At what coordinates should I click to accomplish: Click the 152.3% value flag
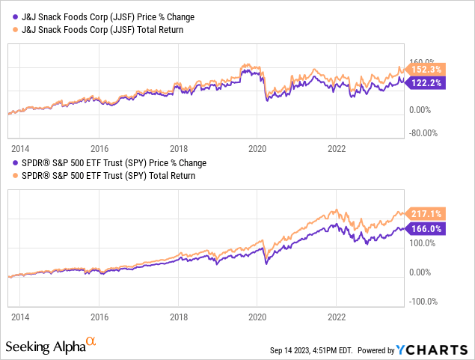(x=425, y=70)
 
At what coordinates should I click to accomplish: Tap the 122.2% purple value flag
(x=425, y=83)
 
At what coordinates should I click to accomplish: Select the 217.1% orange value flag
(x=425, y=214)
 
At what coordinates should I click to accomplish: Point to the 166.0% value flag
(x=425, y=229)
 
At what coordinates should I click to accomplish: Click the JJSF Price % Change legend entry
(x=103, y=17)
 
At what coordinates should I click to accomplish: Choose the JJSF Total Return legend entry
(x=98, y=30)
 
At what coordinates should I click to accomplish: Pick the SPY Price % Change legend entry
(x=109, y=163)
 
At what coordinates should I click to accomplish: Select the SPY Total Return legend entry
(x=104, y=176)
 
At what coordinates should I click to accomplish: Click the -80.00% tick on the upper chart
(x=423, y=133)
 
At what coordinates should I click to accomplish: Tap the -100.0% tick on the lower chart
(x=423, y=302)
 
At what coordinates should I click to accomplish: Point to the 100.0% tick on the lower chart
(x=422, y=243)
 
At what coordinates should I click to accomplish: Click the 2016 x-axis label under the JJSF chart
(x=99, y=149)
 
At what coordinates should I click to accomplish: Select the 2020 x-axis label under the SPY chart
(x=257, y=317)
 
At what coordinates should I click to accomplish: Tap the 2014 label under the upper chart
(x=20, y=149)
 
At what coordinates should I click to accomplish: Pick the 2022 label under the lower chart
(x=337, y=317)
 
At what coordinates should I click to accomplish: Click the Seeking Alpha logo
(x=51, y=345)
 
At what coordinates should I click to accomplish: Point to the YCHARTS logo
(x=432, y=350)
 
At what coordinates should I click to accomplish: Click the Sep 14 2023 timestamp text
(x=311, y=350)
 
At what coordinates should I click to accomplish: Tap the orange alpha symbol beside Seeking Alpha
(x=91, y=341)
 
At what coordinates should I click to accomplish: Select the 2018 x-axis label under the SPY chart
(x=179, y=317)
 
